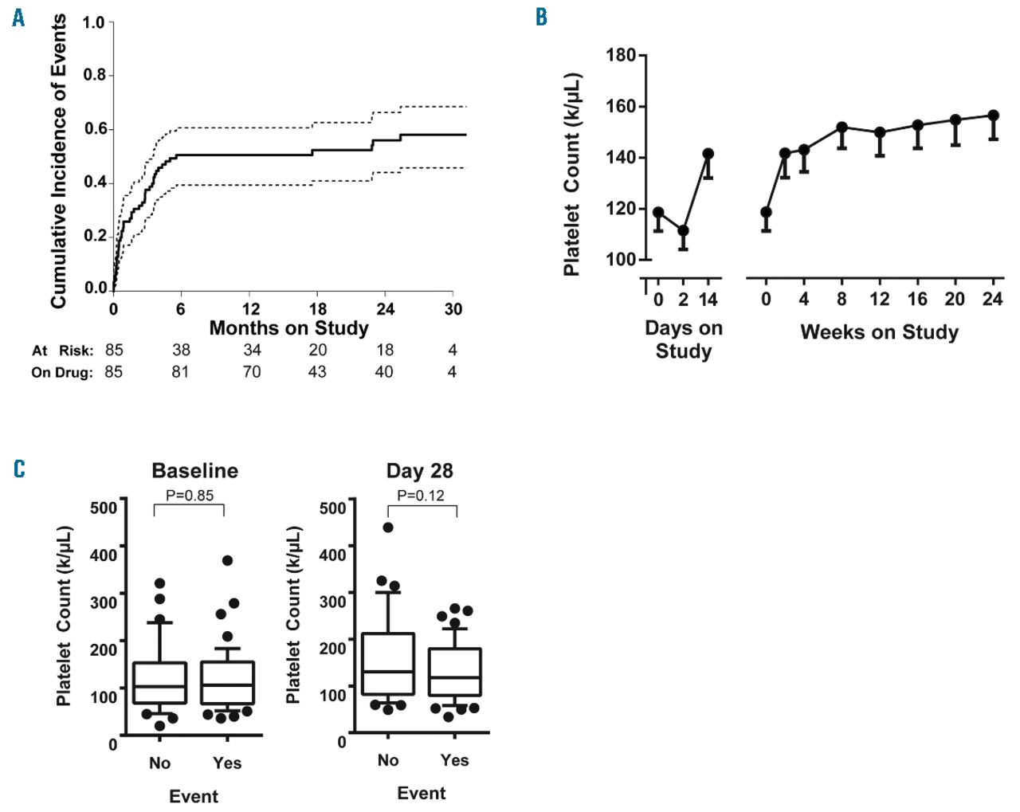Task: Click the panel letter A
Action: (x=18, y=18)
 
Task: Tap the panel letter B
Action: (x=541, y=18)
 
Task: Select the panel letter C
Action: (x=19, y=469)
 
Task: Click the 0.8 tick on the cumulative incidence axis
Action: (x=95, y=75)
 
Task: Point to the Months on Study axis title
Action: (x=288, y=328)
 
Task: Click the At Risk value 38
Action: (x=181, y=350)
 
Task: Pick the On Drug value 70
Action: (x=251, y=371)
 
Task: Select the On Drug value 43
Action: (x=317, y=371)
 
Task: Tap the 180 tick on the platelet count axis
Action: (x=621, y=55)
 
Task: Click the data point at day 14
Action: (x=708, y=154)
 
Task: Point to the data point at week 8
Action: (x=841, y=127)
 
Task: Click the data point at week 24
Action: (x=993, y=116)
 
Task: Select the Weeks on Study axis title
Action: (x=879, y=332)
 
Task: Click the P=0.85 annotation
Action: (x=190, y=496)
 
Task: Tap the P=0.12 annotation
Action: (x=420, y=496)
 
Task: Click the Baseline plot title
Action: (x=194, y=471)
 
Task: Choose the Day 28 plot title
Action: (x=419, y=471)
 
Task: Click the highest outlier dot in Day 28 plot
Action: (x=388, y=528)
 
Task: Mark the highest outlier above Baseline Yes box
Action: (x=227, y=561)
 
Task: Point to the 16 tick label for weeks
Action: (x=917, y=299)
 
